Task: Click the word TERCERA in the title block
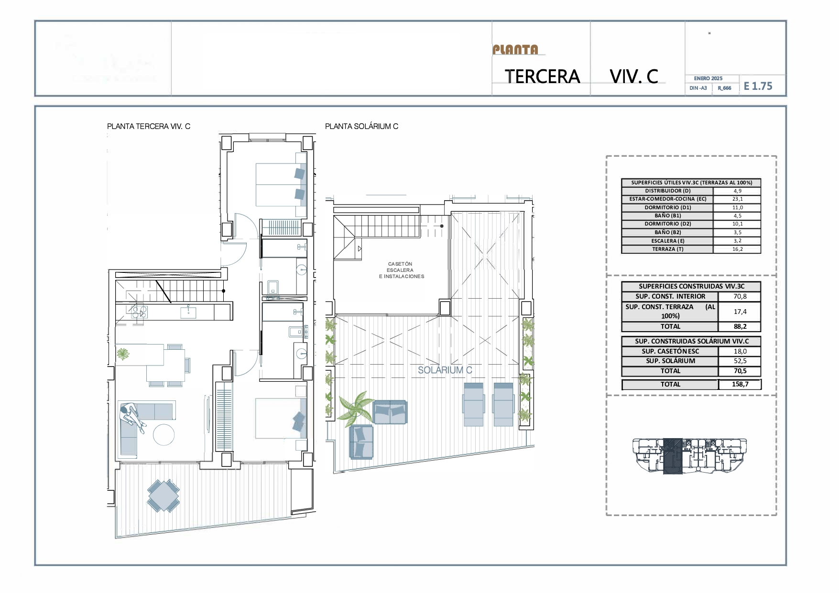point(542,76)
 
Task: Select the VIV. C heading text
point(634,76)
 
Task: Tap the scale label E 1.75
point(758,86)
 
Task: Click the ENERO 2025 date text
point(708,78)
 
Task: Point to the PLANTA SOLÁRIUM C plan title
point(361,126)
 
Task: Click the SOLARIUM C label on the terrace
point(445,370)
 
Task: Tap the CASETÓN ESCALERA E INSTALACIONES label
point(401,270)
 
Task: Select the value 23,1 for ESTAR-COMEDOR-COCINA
point(737,199)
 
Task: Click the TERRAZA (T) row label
point(667,249)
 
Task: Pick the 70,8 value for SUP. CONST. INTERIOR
point(740,296)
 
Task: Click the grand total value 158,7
point(740,384)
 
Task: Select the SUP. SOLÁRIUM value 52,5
point(740,361)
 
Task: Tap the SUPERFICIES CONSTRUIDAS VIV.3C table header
point(691,286)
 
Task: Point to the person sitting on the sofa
point(131,416)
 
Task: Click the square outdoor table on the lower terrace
point(163,496)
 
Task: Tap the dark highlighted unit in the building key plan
point(673,456)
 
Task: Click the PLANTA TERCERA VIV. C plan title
point(148,126)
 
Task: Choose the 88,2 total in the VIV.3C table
point(740,326)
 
